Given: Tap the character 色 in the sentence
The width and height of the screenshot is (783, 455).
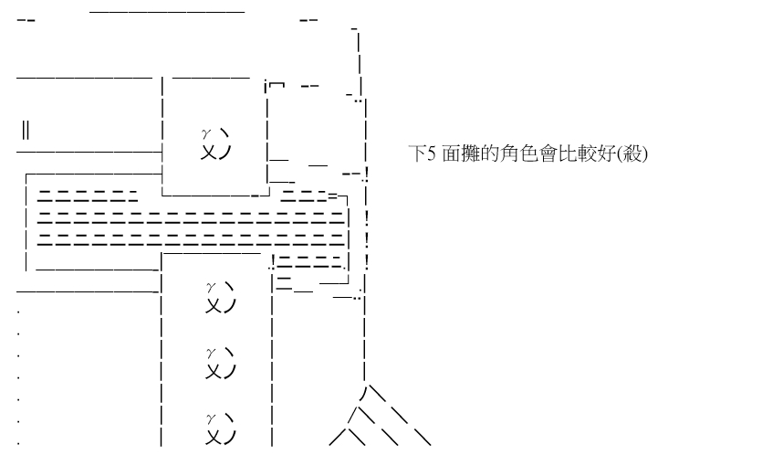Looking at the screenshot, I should [x=523, y=154].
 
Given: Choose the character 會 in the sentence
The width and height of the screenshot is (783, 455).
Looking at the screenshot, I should [x=541, y=154].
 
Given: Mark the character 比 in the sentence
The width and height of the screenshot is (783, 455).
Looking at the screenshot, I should [x=559, y=154].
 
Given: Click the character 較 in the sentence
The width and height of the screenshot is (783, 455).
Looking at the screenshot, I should [x=578, y=154].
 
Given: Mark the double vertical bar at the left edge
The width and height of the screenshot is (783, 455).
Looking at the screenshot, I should [x=26, y=130].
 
